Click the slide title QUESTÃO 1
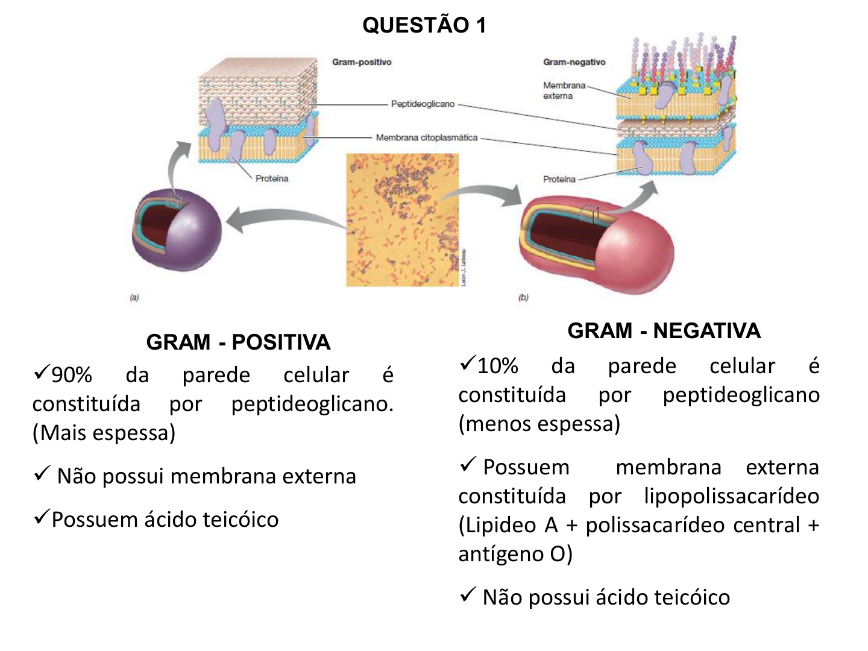(424, 25)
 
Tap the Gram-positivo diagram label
(362, 62)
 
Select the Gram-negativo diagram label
(574, 62)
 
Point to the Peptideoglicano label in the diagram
(423, 104)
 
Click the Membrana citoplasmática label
(426, 137)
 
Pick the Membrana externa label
(564, 90)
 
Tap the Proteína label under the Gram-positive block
(271, 178)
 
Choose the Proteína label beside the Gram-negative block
(559, 179)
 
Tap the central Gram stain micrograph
(402, 220)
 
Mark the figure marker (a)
(134, 297)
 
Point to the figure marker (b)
(523, 297)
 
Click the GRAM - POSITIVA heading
(238, 342)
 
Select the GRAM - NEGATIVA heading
(664, 331)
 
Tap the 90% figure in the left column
(71, 375)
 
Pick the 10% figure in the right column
(497, 366)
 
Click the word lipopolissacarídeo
(731, 496)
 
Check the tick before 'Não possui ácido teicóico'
(468, 595)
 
